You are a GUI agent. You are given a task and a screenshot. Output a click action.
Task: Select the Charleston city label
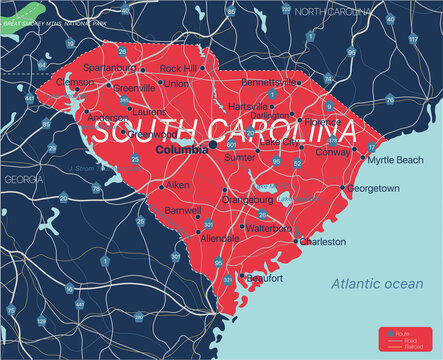coord(325,242)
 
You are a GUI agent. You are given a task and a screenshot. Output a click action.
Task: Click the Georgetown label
coord(375,188)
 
